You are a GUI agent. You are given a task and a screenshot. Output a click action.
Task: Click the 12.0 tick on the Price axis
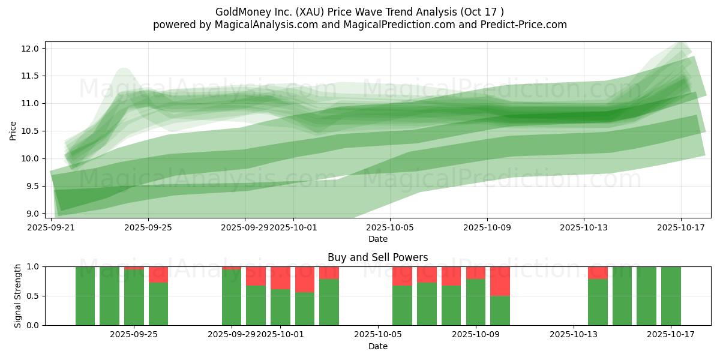[34, 49]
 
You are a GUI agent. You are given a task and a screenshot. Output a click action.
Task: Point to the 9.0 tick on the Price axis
[34, 214]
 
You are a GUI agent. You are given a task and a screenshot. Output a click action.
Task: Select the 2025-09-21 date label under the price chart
[51, 228]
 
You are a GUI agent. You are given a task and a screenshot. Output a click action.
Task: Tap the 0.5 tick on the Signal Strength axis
[34, 296]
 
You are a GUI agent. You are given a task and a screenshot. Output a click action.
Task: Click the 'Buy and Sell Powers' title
[377, 257]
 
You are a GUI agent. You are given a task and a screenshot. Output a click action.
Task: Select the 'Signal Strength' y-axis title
[18, 296]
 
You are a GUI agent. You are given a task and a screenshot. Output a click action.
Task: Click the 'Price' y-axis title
[13, 131]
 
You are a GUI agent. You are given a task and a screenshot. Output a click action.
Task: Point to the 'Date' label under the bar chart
[377, 346]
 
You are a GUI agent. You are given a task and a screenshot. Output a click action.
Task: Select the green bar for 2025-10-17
[671, 296]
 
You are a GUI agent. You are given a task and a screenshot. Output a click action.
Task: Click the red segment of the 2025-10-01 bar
[280, 278]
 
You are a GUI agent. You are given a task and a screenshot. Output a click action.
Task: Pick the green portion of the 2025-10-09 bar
[476, 302]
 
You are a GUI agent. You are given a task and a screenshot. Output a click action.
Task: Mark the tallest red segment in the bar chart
[500, 281]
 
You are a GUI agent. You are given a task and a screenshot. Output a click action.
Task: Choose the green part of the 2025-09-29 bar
[232, 298]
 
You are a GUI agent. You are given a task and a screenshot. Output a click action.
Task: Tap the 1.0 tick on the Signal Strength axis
[34, 266]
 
